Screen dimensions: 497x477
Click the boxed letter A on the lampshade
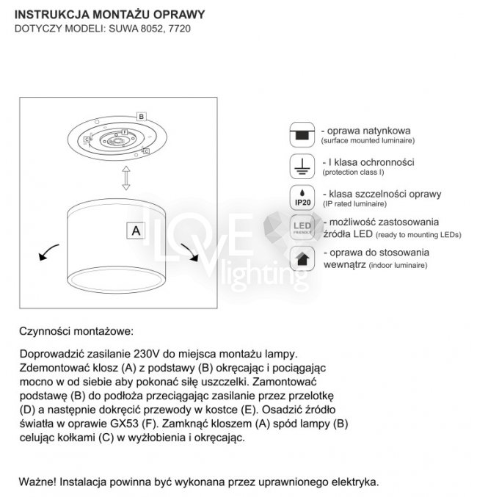pyautogui.click(x=135, y=230)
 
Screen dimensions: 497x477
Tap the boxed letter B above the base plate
pyautogui.click(x=142, y=116)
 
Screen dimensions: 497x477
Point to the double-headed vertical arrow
pyautogui.click(x=125, y=178)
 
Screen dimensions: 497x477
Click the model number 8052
pyautogui.click(x=148, y=29)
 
